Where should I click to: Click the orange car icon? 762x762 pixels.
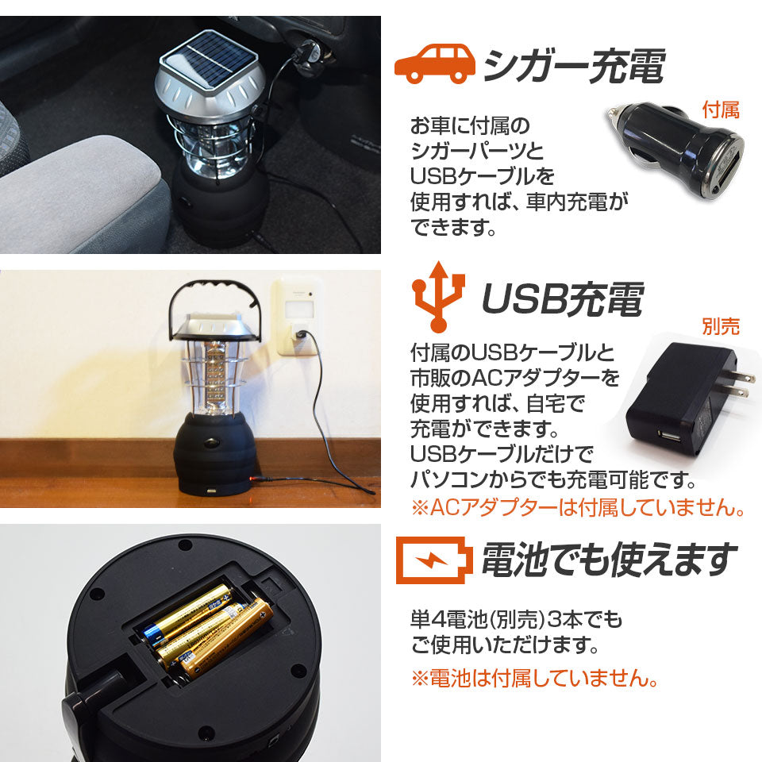click(x=435, y=63)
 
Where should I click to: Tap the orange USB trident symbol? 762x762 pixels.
click(x=438, y=296)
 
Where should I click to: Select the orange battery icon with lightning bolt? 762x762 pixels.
click(x=434, y=560)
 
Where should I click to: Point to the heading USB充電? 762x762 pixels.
click(x=563, y=298)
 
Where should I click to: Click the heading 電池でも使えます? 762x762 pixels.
click(x=610, y=560)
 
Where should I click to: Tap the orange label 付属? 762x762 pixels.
click(x=721, y=110)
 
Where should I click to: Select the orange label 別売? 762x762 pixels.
click(x=721, y=326)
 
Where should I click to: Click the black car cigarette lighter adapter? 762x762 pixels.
click(x=675, y=148)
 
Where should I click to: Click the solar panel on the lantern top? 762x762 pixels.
click(x=210, y=60)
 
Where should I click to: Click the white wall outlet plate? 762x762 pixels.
click(x=297, y=316)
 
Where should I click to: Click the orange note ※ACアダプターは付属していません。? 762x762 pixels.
click(x=578, y=507)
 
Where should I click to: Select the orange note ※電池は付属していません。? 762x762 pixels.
click(x=534, y=678)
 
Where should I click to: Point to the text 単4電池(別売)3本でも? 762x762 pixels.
click(x=516, y=619)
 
